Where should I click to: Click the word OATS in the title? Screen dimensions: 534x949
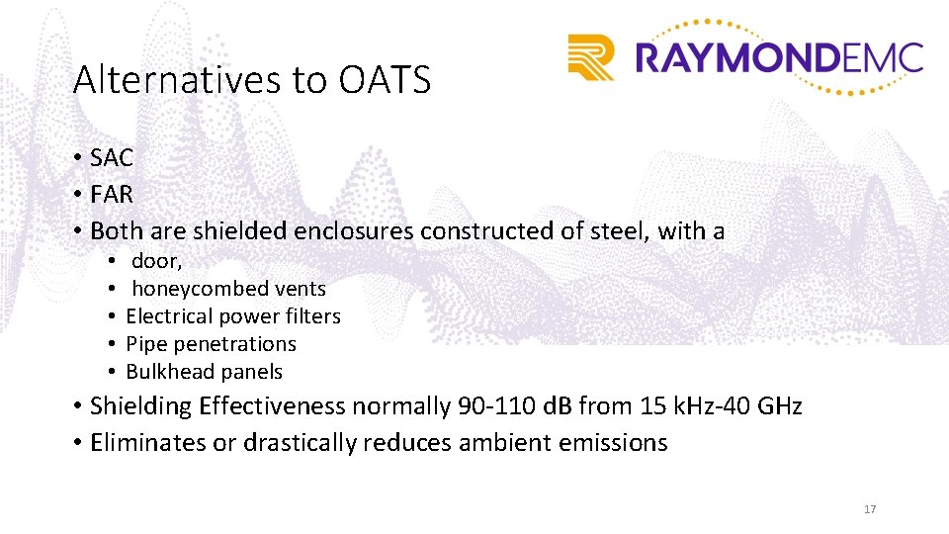[x=385, y=80]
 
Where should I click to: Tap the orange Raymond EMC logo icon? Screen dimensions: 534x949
[x=591, y=56]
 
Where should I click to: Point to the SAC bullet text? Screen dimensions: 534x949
[x=112, y=157]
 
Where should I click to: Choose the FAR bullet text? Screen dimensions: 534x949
[x=112, y=194]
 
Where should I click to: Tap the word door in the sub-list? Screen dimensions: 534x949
[x=155, y=261]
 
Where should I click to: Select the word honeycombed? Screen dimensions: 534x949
[x=188, y=289]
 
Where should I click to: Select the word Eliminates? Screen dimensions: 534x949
[x=148, y=442]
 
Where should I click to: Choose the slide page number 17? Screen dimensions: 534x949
[x=870, y=509]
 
